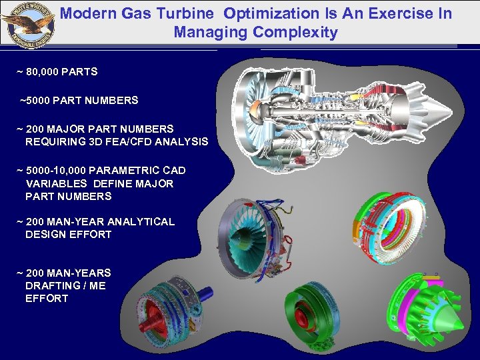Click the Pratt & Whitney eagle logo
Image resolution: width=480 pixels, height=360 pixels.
(28, 23)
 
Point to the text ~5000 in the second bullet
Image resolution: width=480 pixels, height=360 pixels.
(34, 100)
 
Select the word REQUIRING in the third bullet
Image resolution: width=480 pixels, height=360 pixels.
(54, 141)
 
